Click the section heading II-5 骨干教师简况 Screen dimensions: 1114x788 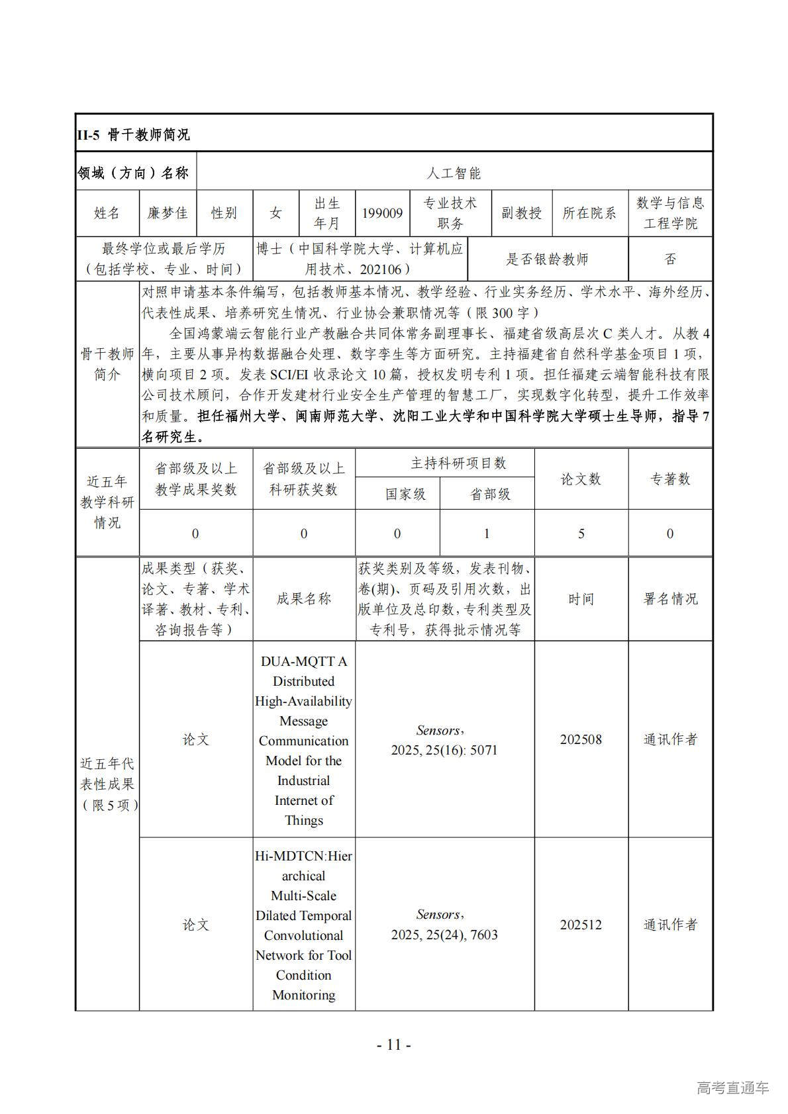click(134, 135)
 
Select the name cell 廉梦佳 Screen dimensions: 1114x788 click(167, 213)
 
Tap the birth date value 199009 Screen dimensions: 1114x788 click(382, 213)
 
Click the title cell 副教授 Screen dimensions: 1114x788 click(521, 213)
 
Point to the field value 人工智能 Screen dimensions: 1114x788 click(454, 173)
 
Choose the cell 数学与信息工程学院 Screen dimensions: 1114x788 click(670, 213)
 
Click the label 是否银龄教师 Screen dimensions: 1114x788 click(547, 259)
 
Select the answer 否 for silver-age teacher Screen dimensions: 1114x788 click(670, 259)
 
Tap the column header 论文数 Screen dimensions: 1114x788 click(581, 479)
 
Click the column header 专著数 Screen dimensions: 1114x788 click(670, 479)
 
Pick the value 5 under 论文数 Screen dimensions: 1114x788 click(581, 534)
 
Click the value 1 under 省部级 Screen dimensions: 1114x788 click(487, 534)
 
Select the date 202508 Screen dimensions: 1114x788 click(581, 739)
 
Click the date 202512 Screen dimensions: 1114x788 click(581, 925)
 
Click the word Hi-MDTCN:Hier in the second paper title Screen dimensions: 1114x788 click(303, 856)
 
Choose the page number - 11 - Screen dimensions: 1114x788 click(394, 1044)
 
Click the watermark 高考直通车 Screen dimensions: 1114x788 click(732, 1088)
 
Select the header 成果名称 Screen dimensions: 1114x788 click(303, 599)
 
